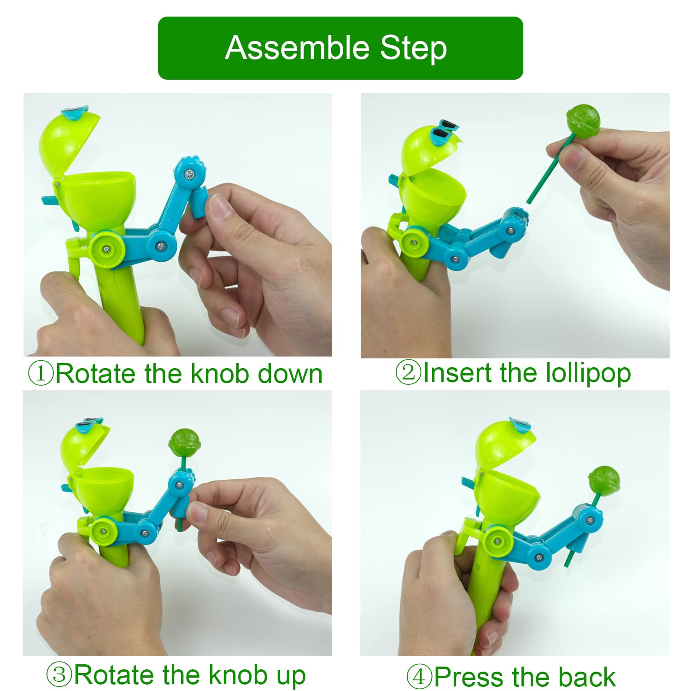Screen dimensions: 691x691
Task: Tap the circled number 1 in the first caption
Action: (41, 373)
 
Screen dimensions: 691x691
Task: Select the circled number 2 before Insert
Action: (409, 373)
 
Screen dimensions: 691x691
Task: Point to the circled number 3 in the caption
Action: (59, 675)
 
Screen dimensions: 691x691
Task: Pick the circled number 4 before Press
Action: (419, 677)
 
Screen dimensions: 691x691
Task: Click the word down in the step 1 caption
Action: (290, 373)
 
